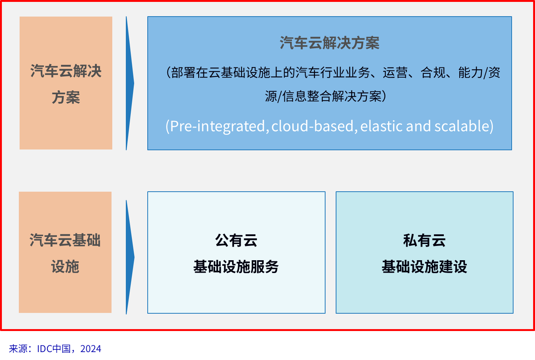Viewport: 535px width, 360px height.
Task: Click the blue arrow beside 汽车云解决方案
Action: [130, 83]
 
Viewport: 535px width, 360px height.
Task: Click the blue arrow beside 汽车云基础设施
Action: [130, 257]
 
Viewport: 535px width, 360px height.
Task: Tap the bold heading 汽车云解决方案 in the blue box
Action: [330, 43]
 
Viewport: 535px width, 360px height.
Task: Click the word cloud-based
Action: [312, 126]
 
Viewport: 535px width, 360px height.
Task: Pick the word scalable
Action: [462, 126]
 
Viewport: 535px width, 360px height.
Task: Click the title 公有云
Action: [236, 240]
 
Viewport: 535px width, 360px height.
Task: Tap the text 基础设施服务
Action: [236, 266]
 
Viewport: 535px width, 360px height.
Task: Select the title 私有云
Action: [424, 240]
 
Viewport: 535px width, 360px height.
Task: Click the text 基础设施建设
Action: [424, 266]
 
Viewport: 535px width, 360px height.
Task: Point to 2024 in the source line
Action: [91, 349]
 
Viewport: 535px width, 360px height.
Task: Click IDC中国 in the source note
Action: [54, 349]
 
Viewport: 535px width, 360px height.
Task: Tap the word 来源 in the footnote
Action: [18, 349]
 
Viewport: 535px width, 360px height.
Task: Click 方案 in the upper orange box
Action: [66, 98]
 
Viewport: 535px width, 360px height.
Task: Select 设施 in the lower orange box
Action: [65, 266]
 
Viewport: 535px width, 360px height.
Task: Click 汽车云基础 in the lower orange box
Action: [65, 240]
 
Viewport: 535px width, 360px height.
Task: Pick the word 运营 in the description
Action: [395, 73]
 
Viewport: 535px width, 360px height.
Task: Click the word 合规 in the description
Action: [433, 73]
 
